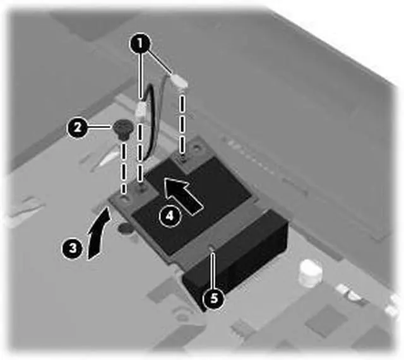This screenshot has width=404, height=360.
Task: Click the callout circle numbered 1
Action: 140,45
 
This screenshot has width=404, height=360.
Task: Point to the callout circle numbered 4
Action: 167,215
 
